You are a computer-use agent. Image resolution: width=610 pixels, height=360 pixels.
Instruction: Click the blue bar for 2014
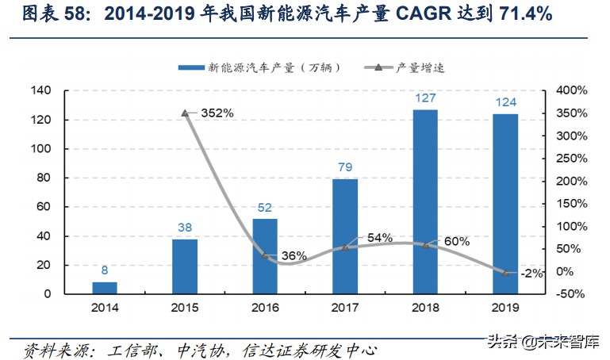(105, 288)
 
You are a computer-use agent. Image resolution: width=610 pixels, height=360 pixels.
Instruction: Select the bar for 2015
(185, 266)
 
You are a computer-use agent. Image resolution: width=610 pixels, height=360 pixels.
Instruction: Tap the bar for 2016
(265, 256)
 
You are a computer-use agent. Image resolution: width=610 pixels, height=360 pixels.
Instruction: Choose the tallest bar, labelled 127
(425, 201)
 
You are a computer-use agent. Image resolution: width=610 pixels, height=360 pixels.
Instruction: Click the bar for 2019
(505, 204)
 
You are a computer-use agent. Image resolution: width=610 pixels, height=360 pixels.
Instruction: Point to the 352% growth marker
(185, 113)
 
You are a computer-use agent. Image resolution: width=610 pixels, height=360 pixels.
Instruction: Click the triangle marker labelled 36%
(265, 255)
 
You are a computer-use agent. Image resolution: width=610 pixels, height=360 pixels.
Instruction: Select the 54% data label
(380, 237)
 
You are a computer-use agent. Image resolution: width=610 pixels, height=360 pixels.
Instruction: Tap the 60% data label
(457, 240)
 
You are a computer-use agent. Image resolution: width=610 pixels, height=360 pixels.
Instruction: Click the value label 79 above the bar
(345, 167)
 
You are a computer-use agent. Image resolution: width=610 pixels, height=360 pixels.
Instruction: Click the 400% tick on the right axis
(569, 91)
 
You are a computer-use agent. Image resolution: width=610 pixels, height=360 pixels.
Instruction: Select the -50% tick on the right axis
(570, 294)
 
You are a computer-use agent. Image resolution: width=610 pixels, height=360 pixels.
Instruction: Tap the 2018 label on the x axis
(425, 308)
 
